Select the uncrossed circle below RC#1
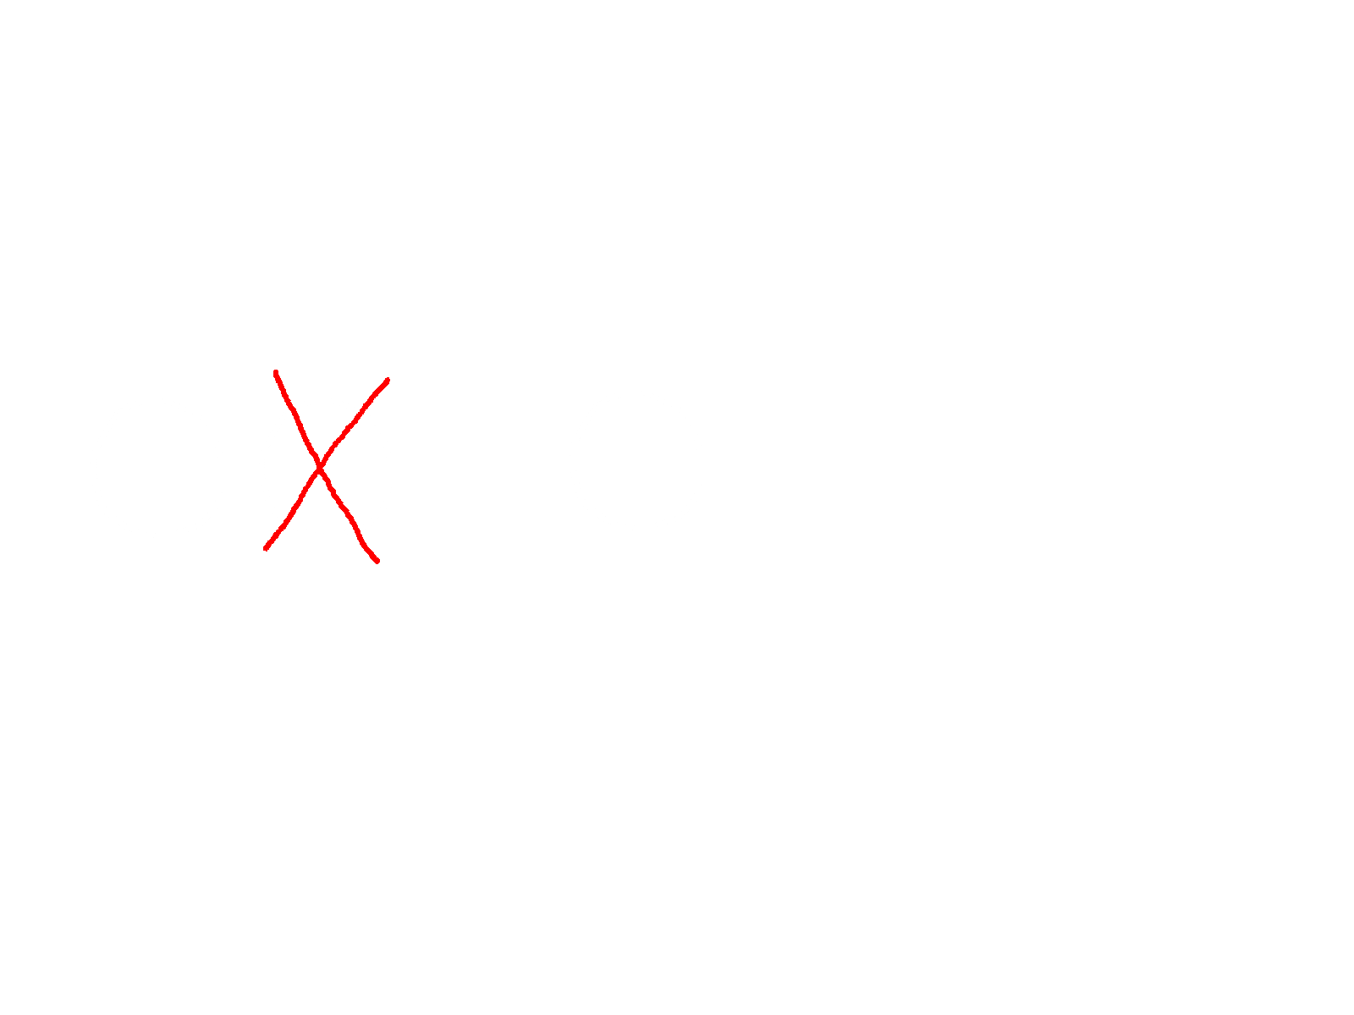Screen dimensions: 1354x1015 [157, 468]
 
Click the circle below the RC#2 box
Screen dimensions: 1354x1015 [636, 460]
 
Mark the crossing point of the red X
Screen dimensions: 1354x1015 [319, 464]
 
